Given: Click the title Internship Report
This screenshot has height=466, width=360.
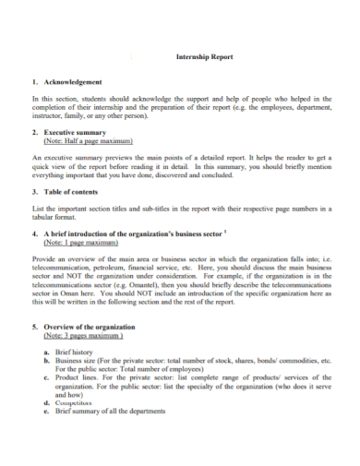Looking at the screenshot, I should tap(204, 57).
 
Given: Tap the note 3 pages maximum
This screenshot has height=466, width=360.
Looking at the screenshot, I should tap(84, 337).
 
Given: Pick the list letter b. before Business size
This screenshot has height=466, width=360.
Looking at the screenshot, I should tap(47, 363).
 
